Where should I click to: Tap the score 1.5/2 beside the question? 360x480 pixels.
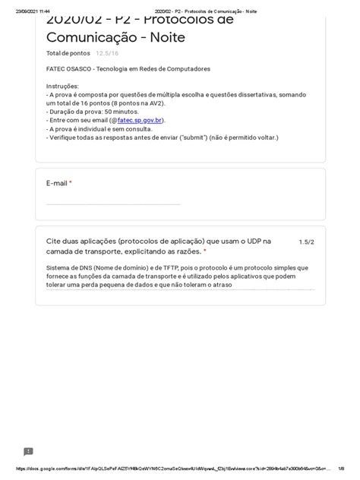(305, 242)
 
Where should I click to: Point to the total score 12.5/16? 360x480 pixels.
(107, 54)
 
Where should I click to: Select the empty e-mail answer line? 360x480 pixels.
(113, 204)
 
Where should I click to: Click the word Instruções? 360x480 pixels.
(62, 87)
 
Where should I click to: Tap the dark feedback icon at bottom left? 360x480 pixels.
(28, 451)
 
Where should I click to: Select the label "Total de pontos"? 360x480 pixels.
(68, 54)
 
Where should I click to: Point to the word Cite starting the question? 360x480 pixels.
(54, 241)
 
